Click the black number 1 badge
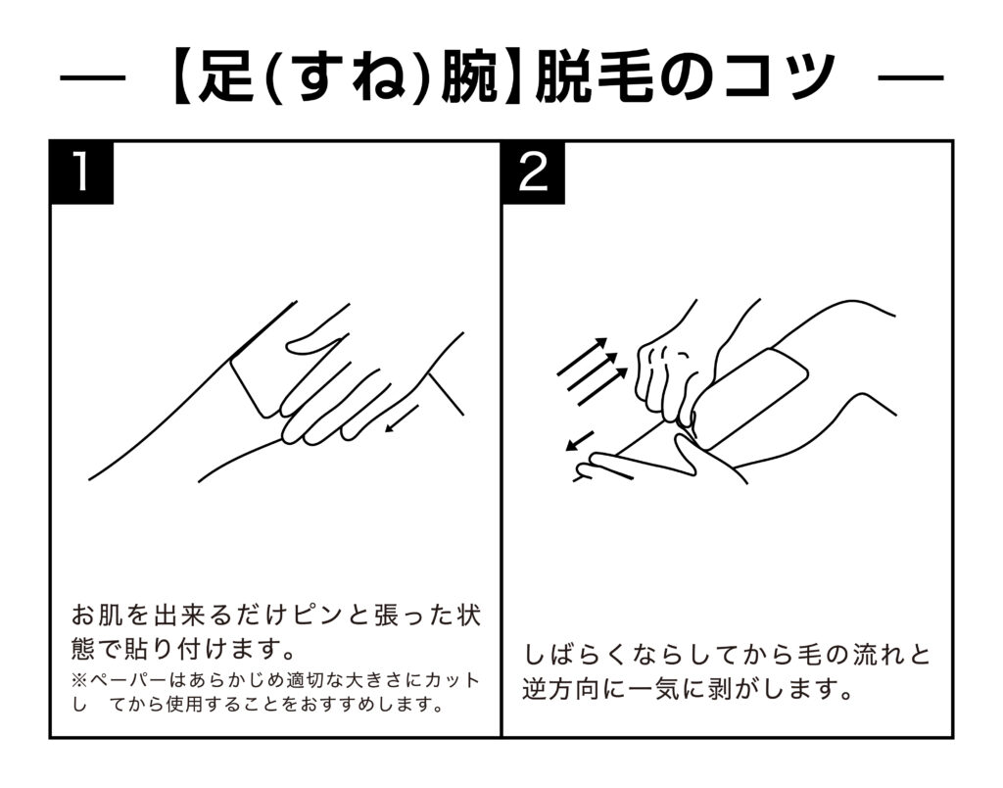tap(82, 172)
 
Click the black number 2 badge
tap(533, 172)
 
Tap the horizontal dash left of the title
tap(92, 78)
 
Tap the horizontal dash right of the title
tap(911, 78)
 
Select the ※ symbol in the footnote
tap(79, 680)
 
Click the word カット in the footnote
tap(453, 680)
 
